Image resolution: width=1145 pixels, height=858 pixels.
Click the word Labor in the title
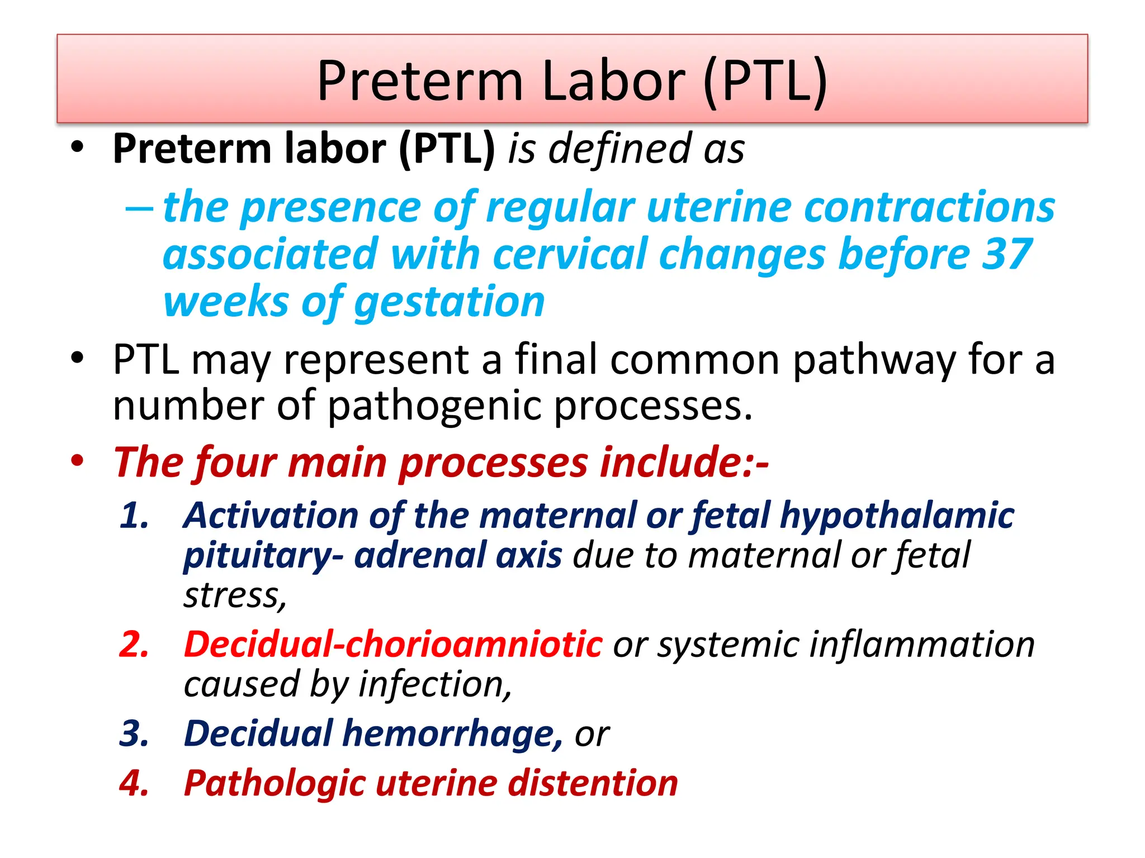click(x=613, y=81)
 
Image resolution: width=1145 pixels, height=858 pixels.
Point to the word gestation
click(x=450, y=302)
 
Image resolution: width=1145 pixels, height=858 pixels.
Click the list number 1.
click(x=134, y=515)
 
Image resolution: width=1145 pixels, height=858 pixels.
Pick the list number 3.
click(x=134, y=733)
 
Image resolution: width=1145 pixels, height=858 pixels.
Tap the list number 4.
click(x=134, y=783)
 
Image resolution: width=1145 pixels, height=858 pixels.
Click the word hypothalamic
click(x=897, y=515)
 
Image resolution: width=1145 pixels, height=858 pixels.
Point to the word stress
click(x=235, y=595)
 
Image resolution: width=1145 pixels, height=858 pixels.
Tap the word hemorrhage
click(x=452, y=733)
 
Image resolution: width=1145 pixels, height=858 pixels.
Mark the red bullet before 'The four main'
click(x=77, y=461)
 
